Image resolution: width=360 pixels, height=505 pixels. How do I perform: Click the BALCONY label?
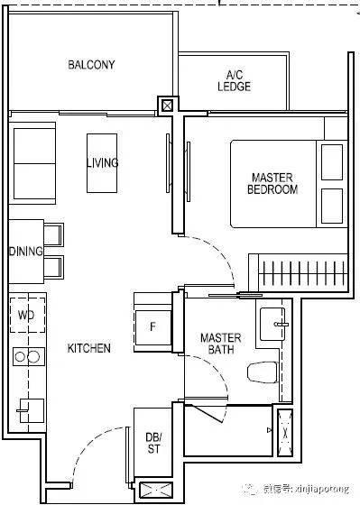point(91,65)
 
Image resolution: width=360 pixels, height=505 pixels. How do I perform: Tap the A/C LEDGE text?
point(234,81)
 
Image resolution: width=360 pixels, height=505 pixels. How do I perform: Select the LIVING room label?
point(103,162)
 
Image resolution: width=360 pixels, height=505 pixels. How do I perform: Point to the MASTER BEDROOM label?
point(272,183)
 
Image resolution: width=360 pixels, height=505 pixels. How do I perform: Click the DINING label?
point(26,252)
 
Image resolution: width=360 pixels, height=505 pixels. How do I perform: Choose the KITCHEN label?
point(89,348)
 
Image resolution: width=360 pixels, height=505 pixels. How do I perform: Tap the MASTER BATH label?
point(221,344)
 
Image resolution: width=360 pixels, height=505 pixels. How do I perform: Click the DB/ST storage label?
point(153,443)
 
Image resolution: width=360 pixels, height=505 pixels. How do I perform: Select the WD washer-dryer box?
point(27,315)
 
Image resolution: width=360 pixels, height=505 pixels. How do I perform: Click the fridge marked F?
point(152,327)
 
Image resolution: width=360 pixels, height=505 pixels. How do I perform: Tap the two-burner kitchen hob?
point(28,356)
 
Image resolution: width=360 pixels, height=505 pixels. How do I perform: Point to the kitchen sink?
point(32,410)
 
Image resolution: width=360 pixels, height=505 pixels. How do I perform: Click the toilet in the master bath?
point(263,372)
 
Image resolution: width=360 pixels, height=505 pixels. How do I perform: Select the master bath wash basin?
point(272,324)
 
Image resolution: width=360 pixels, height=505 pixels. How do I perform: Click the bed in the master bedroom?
point(289,184)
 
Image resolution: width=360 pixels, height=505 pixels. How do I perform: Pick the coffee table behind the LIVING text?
point(102,163)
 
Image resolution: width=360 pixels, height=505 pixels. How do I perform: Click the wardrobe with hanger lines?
point(298,272)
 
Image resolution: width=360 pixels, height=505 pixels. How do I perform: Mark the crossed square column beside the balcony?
point(167,106)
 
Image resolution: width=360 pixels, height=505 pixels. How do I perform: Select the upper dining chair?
point(53,234)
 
